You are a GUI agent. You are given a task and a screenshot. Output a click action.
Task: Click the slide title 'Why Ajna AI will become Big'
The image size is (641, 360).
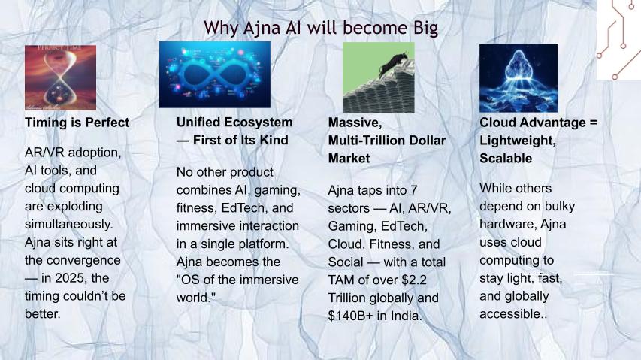click(321, 29)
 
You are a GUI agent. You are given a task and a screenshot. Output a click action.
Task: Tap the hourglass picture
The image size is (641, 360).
click(61, 77)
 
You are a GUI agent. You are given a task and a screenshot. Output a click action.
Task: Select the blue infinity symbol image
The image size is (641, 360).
click(215, 74)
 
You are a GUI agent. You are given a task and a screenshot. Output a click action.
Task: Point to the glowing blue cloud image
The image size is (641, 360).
click(519, 78)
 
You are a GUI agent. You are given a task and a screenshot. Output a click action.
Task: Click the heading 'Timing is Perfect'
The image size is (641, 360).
click(77, 123)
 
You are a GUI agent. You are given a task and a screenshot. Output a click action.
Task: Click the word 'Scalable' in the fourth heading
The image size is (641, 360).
click(506, 158)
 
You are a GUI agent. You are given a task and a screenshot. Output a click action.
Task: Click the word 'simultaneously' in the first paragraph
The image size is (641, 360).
click(67, 224)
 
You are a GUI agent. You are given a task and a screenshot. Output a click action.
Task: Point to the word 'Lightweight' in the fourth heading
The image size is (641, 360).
click(518, 141)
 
